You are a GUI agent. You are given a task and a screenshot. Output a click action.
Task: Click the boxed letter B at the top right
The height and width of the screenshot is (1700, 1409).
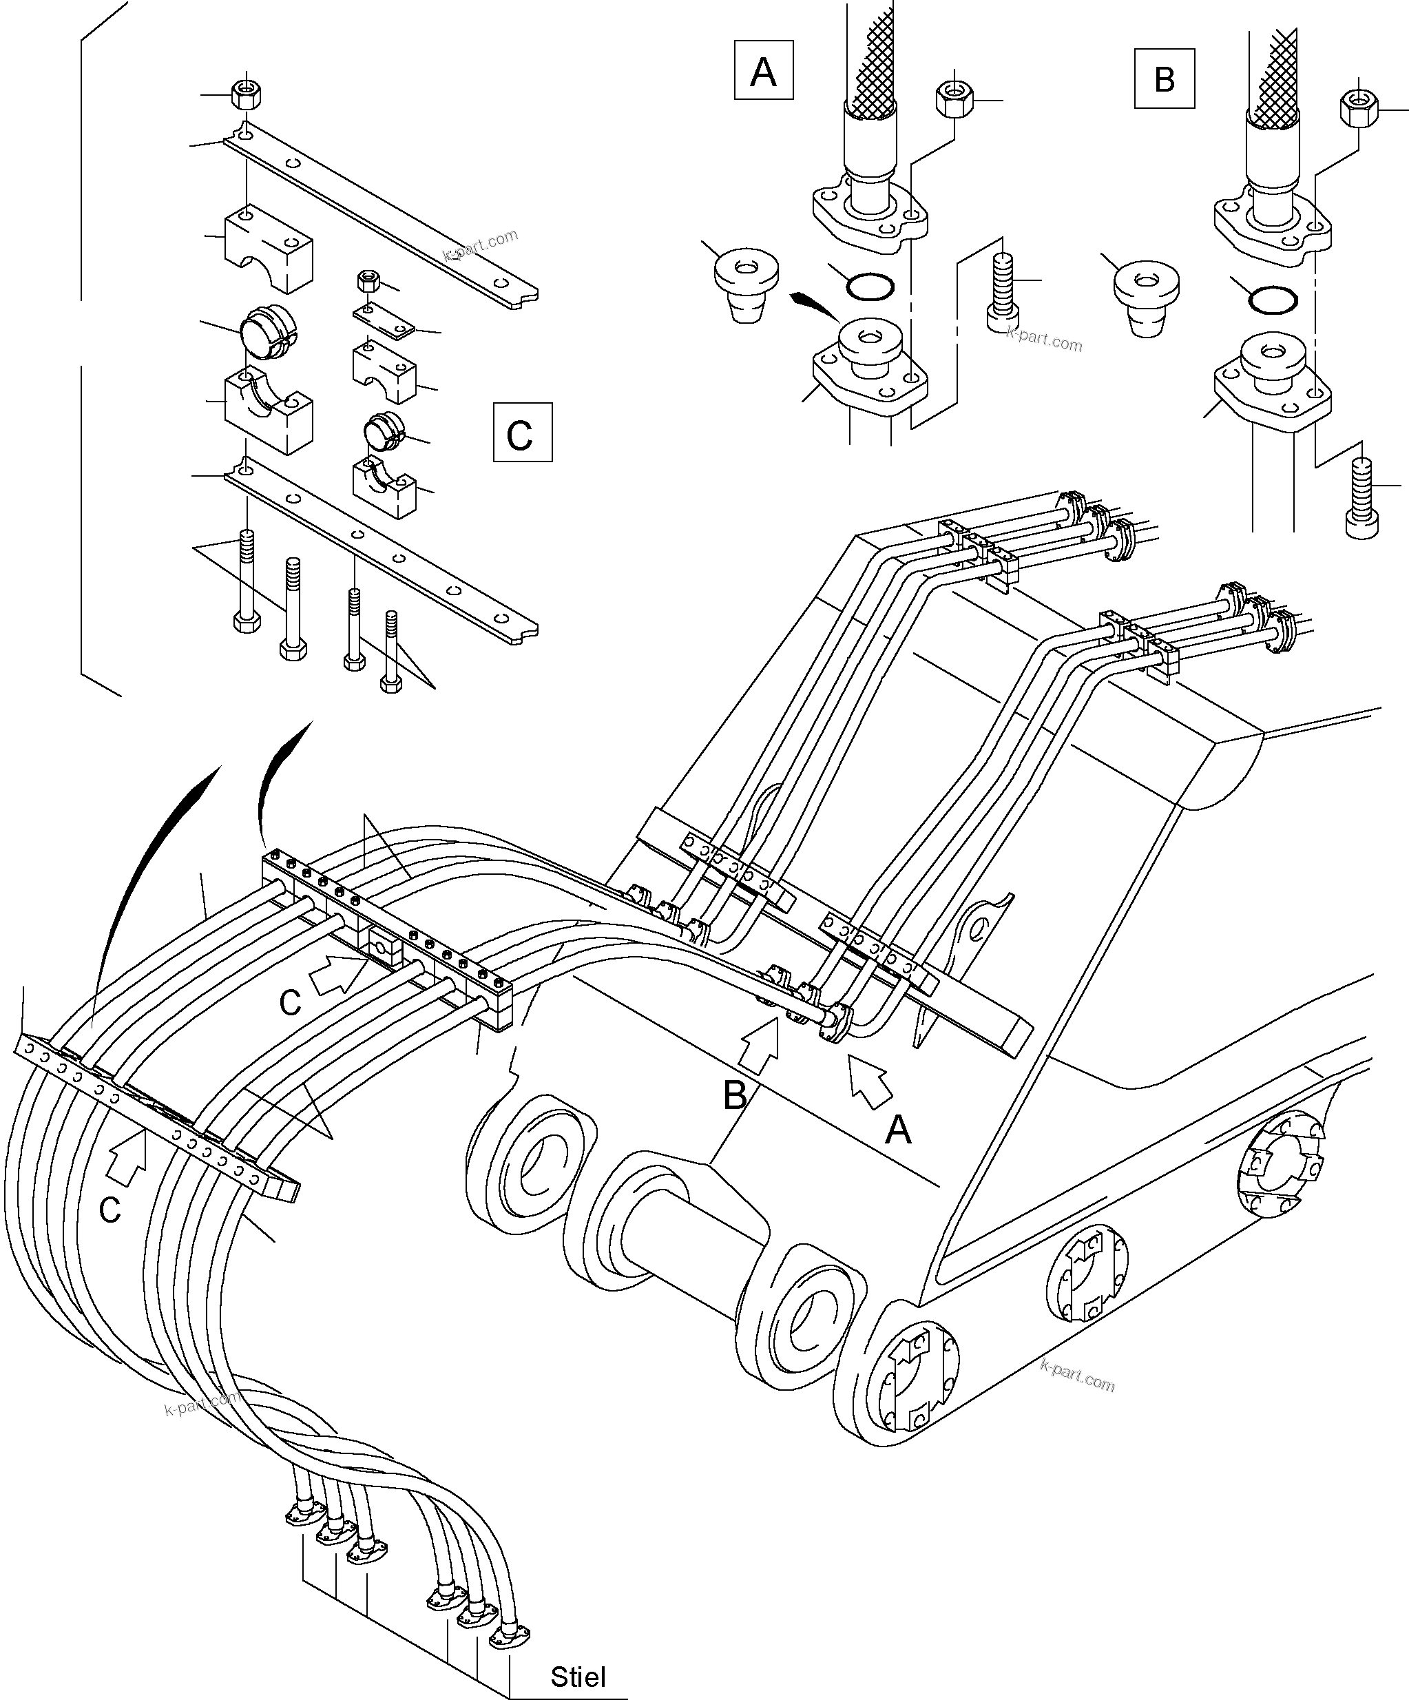point(1164,79)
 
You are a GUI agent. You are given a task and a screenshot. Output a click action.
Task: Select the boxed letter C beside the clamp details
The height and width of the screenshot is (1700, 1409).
point(522,433)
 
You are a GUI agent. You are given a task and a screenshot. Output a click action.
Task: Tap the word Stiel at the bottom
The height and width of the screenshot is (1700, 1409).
point(578,1676)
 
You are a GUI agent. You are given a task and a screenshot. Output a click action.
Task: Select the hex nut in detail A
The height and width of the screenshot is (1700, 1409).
point(954,99)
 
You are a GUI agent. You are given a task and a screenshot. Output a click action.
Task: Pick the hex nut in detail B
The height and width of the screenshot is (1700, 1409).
point(1359,107)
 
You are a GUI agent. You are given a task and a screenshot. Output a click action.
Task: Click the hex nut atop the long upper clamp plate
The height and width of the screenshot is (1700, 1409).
point(244,95)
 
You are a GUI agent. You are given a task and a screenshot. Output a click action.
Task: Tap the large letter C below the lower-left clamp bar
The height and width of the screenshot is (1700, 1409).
point(109,1210)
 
